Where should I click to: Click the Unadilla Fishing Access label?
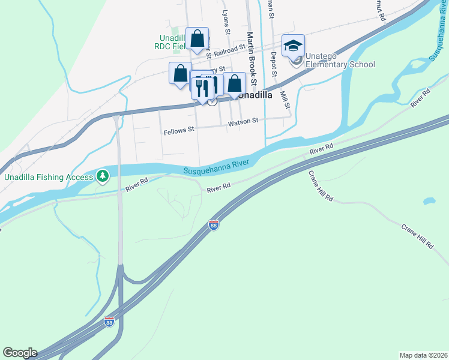(x=48, y=177)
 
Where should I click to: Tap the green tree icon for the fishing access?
(x=103, y=176)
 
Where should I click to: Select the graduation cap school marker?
(x=293, y=46)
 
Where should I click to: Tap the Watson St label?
(x=243, y=121)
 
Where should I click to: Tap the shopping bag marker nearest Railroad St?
(x=197, y=40)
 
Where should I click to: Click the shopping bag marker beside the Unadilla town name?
(x=234, y=83)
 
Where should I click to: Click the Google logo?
(x=20, y=353)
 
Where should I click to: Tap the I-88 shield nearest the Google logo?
(x=109, y=322)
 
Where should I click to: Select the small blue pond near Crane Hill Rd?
(x=429, y=201)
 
